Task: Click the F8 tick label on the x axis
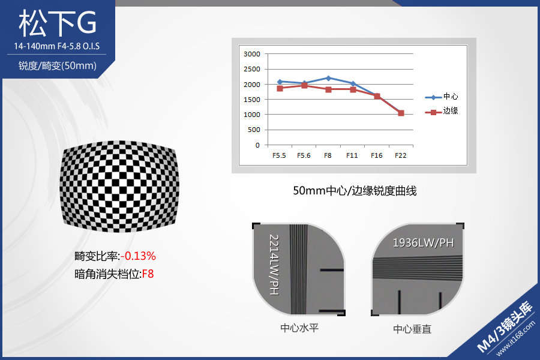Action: (x=328, y=155)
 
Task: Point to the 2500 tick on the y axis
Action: (x=252, y=69)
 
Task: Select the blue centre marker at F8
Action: (x=328, y=78)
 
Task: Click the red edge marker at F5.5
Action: (x=280, y=89)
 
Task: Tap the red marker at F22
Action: (x=401, y=113)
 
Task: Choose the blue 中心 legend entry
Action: (x=442, y=97)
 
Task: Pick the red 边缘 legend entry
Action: (x=442, y=111)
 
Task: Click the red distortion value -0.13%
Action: (x=138, y=256)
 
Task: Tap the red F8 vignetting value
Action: (x=148, y=274)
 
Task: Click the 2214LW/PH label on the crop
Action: (x=274, y=265)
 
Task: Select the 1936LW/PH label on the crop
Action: (x=423, y=243)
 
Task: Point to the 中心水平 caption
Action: (x=299, y=328)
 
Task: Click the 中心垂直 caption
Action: (x=412, y=329)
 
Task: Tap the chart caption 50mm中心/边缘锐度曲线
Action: (x=355, y=191)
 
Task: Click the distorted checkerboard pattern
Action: (x=119, y=187)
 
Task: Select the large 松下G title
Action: (x=58, y=23)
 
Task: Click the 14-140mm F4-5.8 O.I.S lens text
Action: (x=57, y=46)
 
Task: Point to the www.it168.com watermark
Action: (x=515, y=338)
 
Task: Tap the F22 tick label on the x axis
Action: (x=401, y=155)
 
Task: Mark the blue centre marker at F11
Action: (x=353, y=84)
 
